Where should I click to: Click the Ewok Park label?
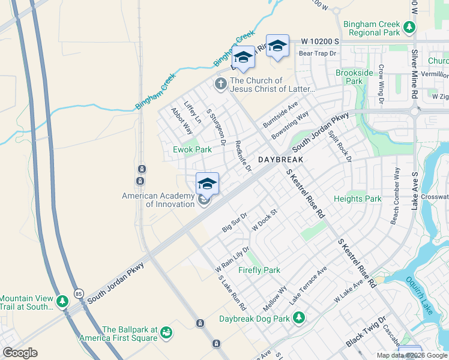[193, 149]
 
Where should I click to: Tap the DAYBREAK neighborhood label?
[281, 160]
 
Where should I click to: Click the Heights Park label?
[357, 199]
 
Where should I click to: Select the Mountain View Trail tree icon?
[62, 299]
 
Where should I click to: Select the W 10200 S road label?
[320, 41]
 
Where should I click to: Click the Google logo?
[20, 353]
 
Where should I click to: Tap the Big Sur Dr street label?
[235, 222]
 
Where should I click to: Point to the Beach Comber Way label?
[396, 196]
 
